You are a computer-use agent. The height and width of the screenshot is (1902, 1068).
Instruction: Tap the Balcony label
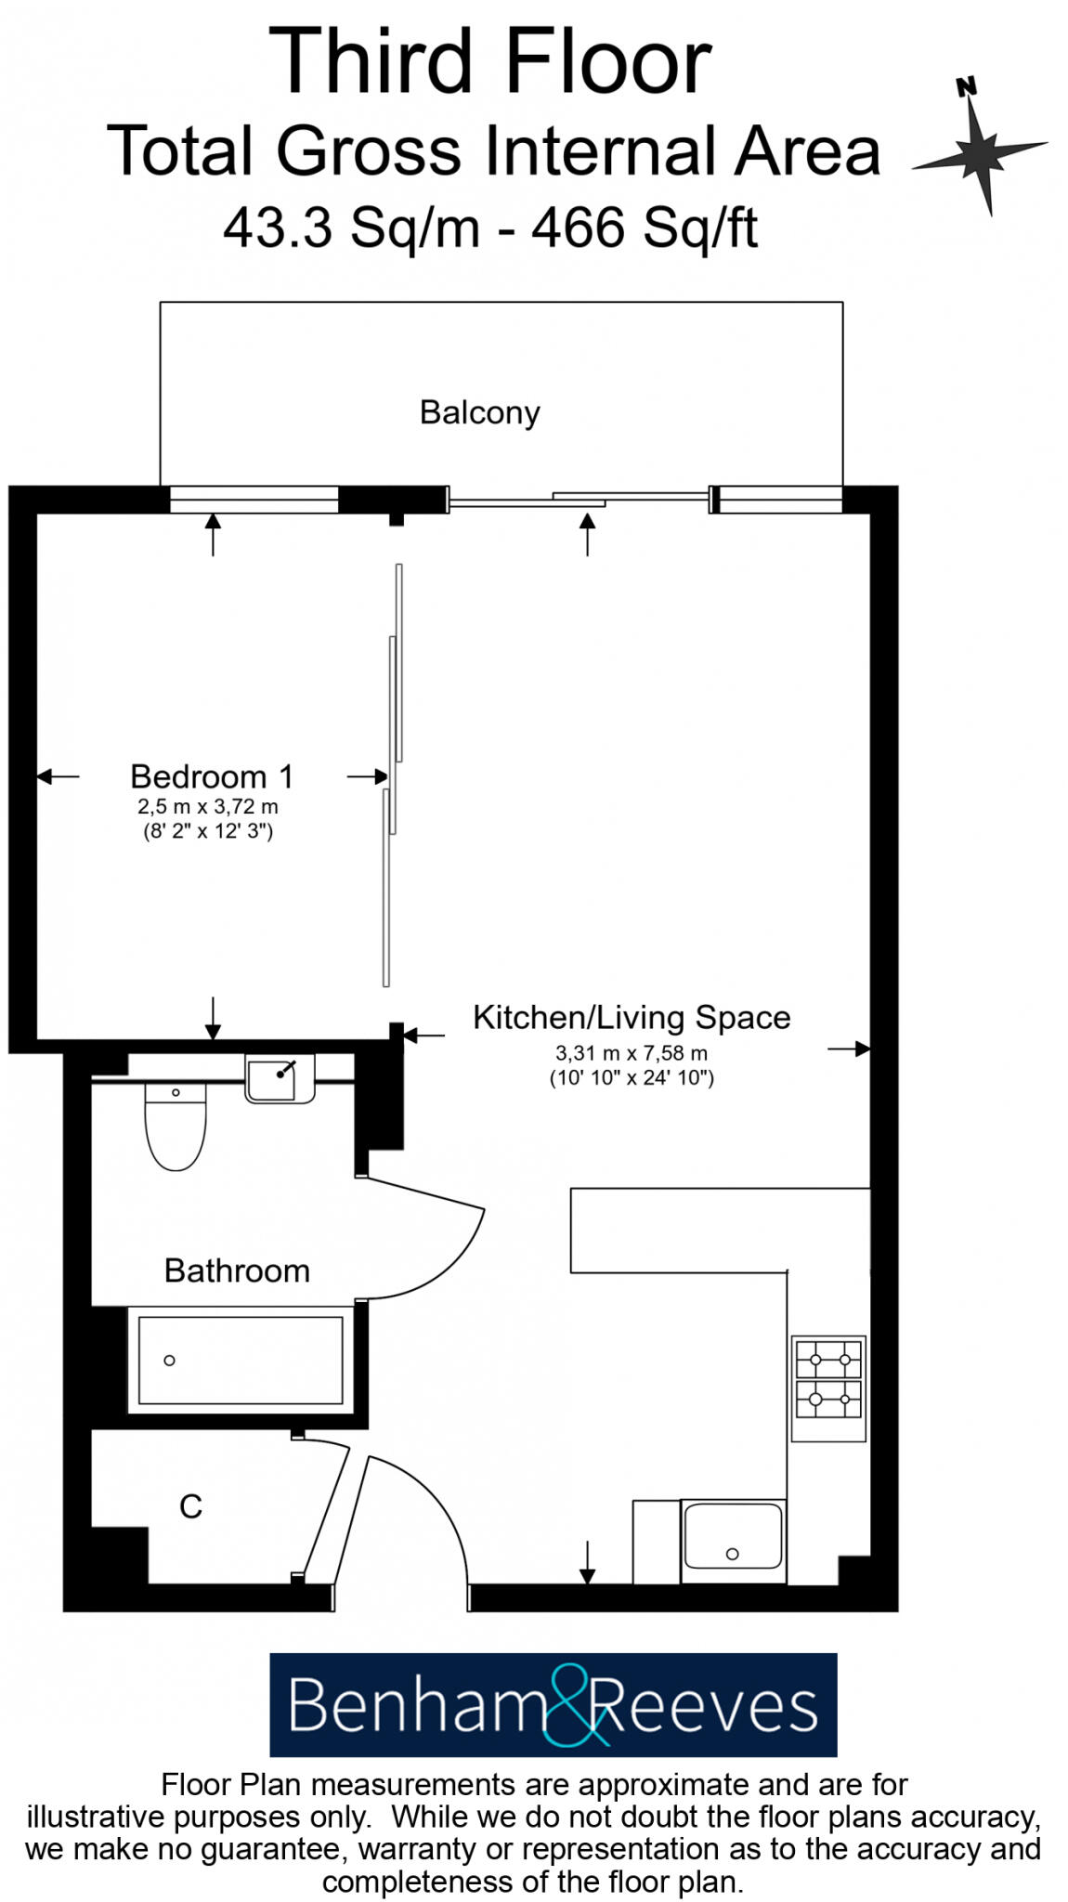479,412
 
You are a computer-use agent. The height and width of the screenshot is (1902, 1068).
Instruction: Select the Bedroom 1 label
211,776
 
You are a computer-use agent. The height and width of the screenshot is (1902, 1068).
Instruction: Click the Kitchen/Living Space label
632,1018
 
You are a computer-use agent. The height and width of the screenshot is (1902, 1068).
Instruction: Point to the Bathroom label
237,1270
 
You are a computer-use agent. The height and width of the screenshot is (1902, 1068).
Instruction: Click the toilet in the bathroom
176,1128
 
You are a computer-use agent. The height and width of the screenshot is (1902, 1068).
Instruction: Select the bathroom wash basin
279,1079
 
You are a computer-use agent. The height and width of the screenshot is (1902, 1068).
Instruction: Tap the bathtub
241,1361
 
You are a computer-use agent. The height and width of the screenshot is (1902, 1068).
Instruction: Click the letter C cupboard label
190,1506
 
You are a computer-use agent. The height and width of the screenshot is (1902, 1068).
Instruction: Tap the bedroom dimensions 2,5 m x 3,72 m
208,807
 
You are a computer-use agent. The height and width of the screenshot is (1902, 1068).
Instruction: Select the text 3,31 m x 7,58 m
632,1053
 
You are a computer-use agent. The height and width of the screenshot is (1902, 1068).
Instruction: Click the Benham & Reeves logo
553,1705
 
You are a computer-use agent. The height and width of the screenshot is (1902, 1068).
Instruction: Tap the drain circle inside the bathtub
169,1361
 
